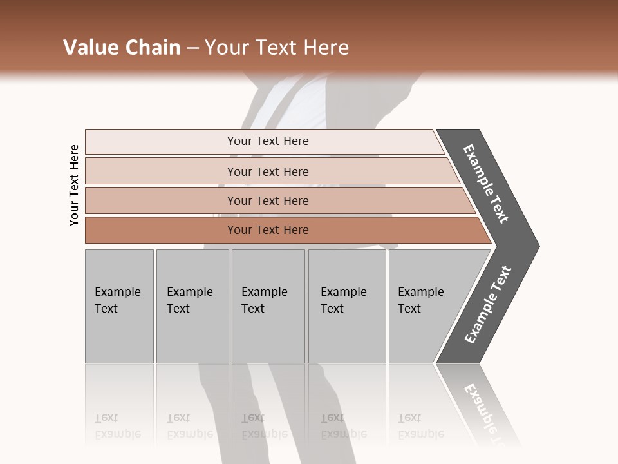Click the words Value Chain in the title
pyautogui.click(x=122, y=48)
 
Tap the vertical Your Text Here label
pyautogui.click(x=74, y=185)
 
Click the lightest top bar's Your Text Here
pyautogui.click(x=268, y=141)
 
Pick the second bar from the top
pyautogui.click(x=268, y=171)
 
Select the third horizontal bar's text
pyautogui.click(x=268, y=201)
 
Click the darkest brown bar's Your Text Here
pyautogui.click(x=268, y=230)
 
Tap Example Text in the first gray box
pyautogui.click(x=117, y=300)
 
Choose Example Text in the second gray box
pyautogui.click(x=189, y=300)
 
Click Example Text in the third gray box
pyautogui.click(x=264, y=300)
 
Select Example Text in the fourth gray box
pyautogui.click(x=343, y=300)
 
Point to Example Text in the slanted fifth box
pyautogui.click(x=420, y=300)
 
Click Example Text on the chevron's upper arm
pyautogui.click(x=486, y=184)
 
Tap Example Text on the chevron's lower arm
pyautogui.click(x=488, y=305)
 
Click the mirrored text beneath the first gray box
pyautogui.click(x=117, y=427)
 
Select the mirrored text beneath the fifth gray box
pyautogui.click(x=420, y=427)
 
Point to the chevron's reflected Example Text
pyautogui.click(x=486, y=412)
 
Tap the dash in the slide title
pyautogui.click(x=192, y=48)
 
